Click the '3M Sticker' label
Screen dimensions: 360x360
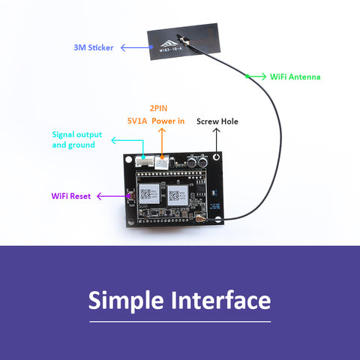click(x=94, y=47)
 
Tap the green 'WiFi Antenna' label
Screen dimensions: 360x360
click(x=296, y=76)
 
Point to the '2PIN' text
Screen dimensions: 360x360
click(x=158, y=107)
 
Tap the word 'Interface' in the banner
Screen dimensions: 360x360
click(x=221, y=300)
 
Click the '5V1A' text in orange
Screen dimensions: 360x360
click(x=136, y=120)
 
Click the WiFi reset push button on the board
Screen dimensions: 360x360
click(x=130, y=196)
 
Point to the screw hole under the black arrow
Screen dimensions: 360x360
click(x=216, y=159)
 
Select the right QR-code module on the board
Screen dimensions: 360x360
click(x=178, y=194)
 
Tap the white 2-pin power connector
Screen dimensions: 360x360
click(x=162, y=160)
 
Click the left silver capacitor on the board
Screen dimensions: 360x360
click(x=192, y=160)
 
